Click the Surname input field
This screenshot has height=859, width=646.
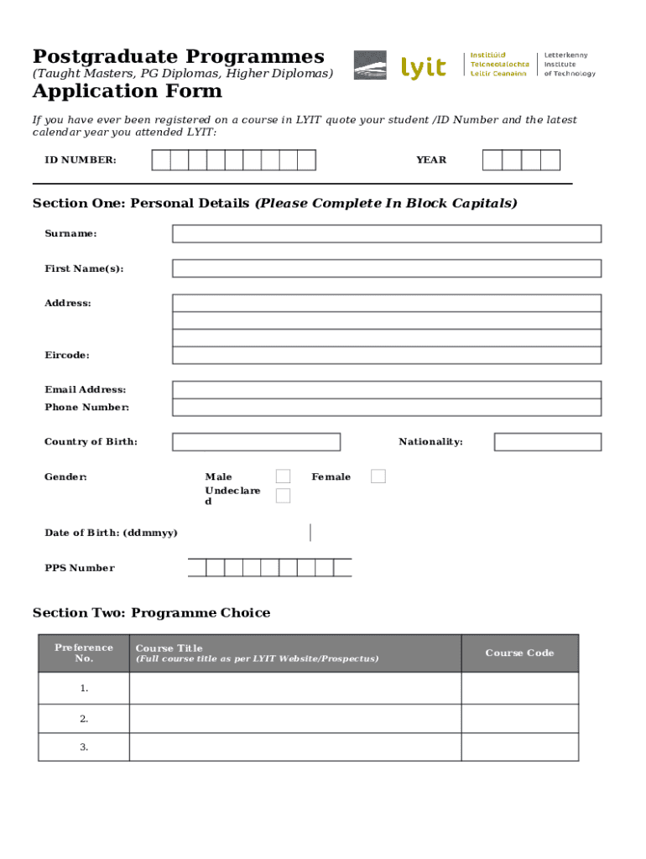(387, 233)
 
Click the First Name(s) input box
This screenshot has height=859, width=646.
(387, 268)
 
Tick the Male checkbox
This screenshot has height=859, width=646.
(284, 476)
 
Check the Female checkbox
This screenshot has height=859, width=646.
(378, 476)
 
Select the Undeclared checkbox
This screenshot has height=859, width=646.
(284, 496)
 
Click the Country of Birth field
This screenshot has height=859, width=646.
(256, 442)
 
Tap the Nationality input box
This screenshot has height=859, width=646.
(547, 442)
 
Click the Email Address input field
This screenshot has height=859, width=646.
(387, 389)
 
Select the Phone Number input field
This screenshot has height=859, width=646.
(387, 408)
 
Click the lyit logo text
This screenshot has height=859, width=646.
(424, 67)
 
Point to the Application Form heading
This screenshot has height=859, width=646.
(128, 91)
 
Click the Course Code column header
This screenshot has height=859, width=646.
(519, 653)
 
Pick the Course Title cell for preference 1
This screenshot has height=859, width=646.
(294, 689)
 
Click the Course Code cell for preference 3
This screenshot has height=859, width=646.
(519, 747)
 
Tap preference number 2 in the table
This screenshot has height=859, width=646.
(84, 719)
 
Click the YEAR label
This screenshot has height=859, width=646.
(431, 160)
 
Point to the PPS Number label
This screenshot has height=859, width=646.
(80, 568)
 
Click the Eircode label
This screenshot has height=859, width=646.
(67, 356)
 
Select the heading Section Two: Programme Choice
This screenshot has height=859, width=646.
(151, 613)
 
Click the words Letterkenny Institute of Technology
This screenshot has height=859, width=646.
(570, 65)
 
